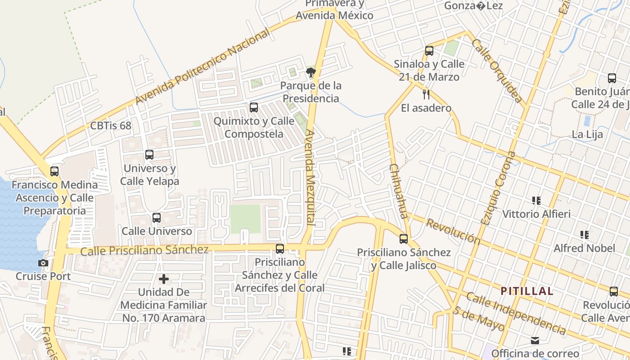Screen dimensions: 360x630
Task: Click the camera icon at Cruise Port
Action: (x=43, y=263)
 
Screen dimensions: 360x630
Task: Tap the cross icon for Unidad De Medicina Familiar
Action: (x=164, y=279)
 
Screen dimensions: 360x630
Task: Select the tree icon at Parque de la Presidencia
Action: (x=310, y=72)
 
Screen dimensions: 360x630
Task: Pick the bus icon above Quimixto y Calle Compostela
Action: (x=254, y=108)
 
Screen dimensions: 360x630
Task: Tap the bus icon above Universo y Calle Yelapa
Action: (x=149, y=155)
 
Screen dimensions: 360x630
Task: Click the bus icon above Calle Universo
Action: (x=157, y=218)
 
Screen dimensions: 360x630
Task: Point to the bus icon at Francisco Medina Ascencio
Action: (x=54, y=171)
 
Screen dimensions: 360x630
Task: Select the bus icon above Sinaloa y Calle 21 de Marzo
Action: (x=429, y=51)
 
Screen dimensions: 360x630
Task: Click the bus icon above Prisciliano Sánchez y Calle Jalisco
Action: (x=404, y=239)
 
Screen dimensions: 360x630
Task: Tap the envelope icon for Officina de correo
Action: (x=535, y=340)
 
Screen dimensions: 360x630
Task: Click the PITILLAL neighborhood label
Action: (x=526, y=291)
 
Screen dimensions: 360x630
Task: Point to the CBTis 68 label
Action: (x=111, y=126)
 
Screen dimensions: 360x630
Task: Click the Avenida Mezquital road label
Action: (x=310, y=178)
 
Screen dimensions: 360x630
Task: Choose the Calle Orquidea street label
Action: (x=497, y=71)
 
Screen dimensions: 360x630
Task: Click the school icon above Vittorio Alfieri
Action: (x=536, y=200)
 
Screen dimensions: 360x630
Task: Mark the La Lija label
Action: (x=587, y=134)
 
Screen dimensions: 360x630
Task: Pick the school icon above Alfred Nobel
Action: (x=585, y=234)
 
